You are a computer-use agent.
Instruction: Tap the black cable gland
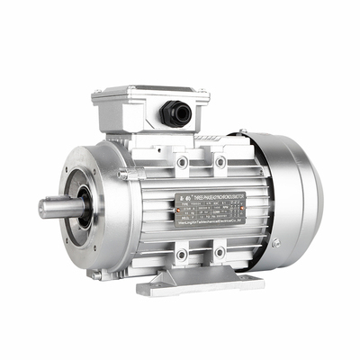click(x=173, y=113)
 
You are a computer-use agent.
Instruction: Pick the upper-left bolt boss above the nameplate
click(x=183, y=162)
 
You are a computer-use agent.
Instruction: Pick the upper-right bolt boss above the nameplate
click(x=220, y=161)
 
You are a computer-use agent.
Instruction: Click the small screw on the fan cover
click(x=276, y=242)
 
